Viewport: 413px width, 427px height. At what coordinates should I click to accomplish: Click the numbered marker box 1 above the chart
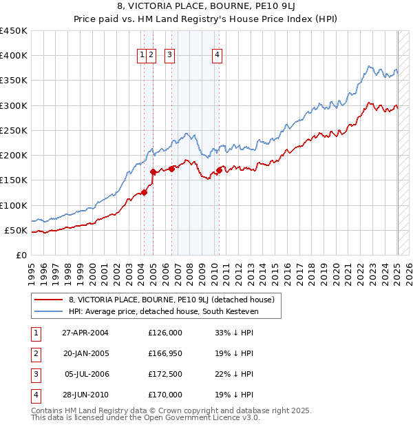click(x=142, y=56)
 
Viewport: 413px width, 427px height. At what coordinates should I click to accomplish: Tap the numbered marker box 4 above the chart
click(x=217, y=56)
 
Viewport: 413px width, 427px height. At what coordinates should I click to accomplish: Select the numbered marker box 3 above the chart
click(x=169, y=56)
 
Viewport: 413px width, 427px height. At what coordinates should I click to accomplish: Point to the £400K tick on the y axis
click(x=14, y=56)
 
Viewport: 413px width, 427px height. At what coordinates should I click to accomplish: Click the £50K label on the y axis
click(x=17, y=230)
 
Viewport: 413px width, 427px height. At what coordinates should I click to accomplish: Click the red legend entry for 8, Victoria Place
click(x=171, y=300)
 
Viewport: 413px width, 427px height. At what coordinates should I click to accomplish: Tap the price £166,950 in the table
click(x=165, y=353)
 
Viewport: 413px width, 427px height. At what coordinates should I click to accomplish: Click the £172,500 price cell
click(x=165, y=374)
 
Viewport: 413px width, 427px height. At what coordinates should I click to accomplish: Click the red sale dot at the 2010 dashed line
click(x=219, y=170)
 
